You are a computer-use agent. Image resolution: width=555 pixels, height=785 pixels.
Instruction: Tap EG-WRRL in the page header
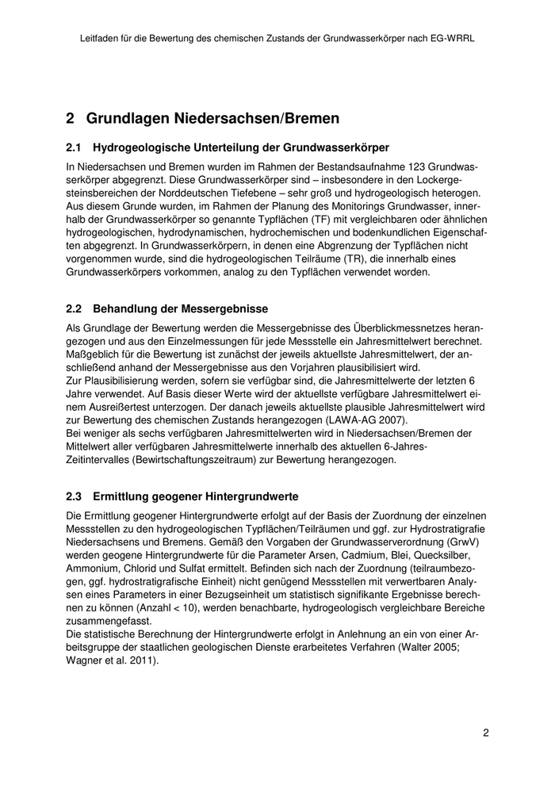(450, 37)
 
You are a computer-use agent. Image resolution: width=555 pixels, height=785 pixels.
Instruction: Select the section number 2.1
(74, 147)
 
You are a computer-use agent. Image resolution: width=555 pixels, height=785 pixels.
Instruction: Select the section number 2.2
(74, 308)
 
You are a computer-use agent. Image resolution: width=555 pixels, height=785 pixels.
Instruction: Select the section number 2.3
(74, 496)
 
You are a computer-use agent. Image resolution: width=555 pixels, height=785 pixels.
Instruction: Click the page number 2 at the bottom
(485, 733)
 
